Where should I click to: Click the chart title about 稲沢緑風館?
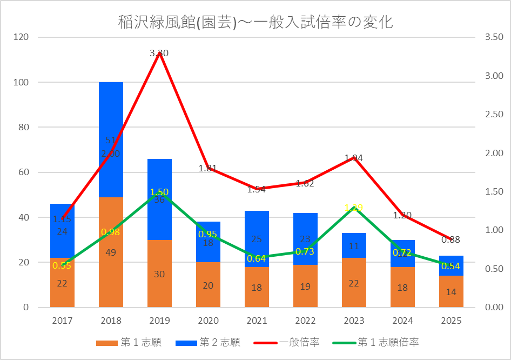[255, 23]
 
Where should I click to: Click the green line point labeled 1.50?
[159, 192]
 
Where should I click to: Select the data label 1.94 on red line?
[354, 158]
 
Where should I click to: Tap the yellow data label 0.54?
[451, 266]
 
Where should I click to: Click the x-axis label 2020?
[208, 321]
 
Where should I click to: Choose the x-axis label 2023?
[354, 321]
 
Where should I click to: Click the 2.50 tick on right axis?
[494, 115]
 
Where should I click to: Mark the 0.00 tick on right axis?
[494, 308]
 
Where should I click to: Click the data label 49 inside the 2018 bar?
[111, 252]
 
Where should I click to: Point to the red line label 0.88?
[451, 239]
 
